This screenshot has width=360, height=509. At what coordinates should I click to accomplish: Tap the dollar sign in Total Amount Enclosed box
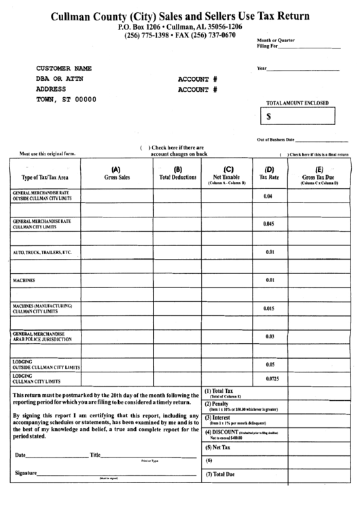coord(269,116)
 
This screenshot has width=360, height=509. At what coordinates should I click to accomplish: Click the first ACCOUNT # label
coord(197,79)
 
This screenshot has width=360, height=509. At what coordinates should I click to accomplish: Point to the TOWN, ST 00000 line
coord(66,99)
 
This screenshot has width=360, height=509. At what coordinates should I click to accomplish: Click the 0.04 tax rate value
coord(268,196)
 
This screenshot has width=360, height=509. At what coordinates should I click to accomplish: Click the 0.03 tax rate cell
coord(269,336)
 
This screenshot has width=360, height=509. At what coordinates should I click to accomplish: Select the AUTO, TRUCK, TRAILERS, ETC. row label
coord(42,252)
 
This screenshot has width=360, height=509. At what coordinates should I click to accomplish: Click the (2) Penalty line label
coord(217,404)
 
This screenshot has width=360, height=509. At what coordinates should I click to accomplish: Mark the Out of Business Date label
coord(275,139)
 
